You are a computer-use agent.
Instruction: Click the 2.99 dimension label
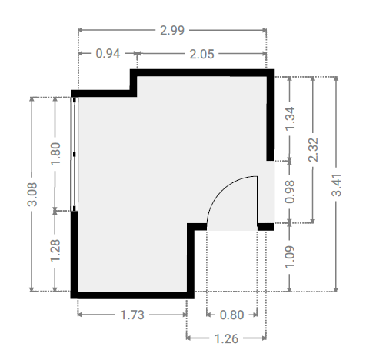[172, 30]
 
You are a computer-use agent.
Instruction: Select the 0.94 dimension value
[108, 54]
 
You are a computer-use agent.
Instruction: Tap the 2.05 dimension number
[201, 55]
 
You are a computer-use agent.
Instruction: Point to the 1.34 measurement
[291, 118]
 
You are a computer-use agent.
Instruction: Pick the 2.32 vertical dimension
[313, 150]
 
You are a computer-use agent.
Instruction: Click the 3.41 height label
[337, 185]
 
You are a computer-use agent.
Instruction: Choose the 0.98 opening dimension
[290, 192]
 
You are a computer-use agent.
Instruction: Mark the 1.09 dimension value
[290, 257]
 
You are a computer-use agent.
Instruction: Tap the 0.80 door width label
[231, 315]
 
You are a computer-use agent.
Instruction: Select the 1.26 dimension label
[226, 338]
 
